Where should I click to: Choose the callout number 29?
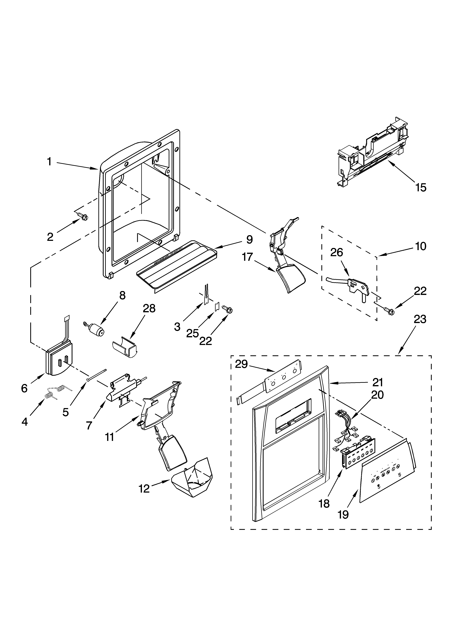click(241, 364)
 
